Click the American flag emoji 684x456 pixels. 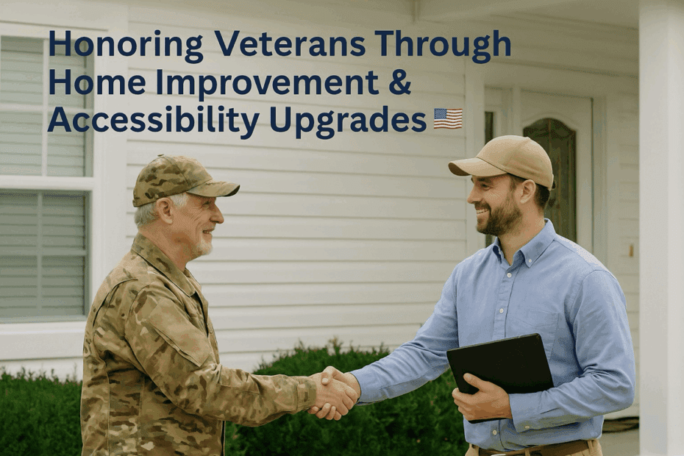click(448, 118)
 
